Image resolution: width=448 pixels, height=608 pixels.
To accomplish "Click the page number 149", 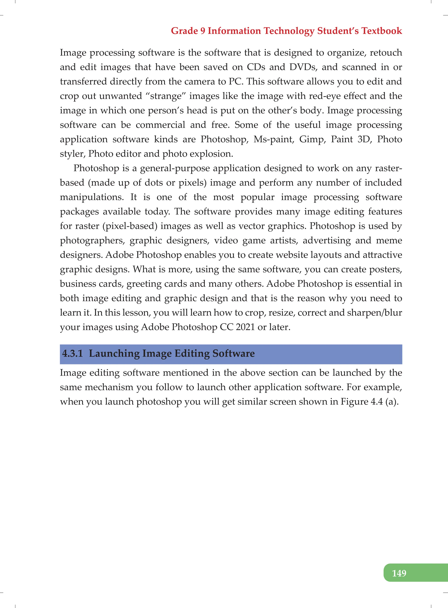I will tap(399, 573).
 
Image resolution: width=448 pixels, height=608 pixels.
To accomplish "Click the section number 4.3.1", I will tap(72, 353).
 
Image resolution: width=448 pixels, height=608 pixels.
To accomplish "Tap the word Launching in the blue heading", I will tap(114, 353).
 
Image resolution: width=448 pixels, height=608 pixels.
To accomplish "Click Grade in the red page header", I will tap(184, 31).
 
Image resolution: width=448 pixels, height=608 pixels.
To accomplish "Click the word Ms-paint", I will tap(274, 139).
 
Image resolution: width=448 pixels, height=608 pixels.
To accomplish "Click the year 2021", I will tap(245, 327).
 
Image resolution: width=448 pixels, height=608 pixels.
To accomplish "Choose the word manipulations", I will tap(92, 197).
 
